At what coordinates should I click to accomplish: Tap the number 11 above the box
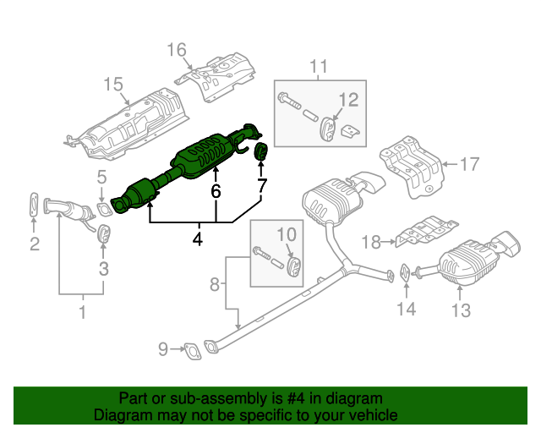317,66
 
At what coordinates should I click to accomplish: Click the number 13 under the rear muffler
460,310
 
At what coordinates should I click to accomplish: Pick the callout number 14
407,310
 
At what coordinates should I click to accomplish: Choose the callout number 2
34,245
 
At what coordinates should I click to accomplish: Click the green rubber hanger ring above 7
261,152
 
